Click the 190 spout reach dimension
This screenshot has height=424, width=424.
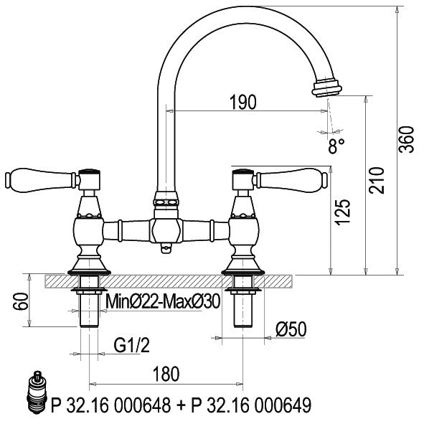242,102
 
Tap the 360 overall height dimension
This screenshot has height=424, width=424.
407,139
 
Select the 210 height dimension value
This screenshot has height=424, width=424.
377,180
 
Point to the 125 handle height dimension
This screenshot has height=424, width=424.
343,212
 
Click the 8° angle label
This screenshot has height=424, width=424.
336,146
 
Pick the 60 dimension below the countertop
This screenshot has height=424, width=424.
21,301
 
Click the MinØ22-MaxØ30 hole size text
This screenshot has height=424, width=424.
163,301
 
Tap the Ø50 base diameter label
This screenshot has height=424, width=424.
291,329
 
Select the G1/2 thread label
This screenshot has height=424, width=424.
132,345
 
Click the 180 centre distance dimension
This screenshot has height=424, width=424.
166,374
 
